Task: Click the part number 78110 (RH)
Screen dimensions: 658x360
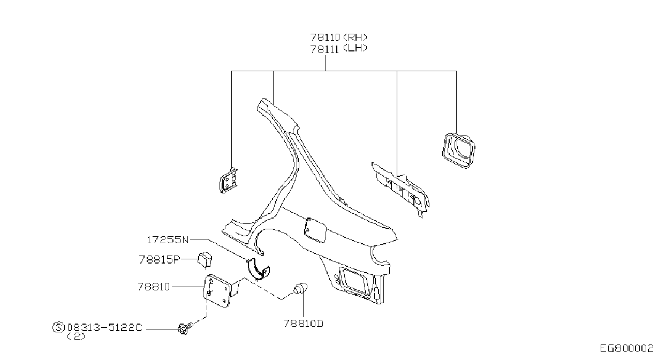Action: [339, 37]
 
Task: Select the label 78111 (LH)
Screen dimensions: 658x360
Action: [339, 49]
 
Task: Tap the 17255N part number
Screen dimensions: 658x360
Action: [168, 240]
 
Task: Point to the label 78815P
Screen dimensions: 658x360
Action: [159, 260]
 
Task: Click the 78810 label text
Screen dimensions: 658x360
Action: [154, 287]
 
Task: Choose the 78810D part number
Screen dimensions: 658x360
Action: [304, 324]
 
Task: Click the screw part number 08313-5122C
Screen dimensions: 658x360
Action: [105, 327]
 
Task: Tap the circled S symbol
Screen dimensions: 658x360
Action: [58, 327]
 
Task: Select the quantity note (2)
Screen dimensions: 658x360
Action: [76, 336]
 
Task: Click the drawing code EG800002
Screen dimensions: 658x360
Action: [626, 349]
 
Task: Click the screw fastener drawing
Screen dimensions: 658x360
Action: [186, 328]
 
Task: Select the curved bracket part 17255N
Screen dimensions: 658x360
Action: [258, 269]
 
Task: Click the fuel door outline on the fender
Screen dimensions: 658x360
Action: [315, 230]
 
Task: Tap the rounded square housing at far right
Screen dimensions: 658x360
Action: [458, 151]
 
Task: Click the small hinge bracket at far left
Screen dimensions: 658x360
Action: [228, 181]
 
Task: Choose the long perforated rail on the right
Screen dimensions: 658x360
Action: [400, 190]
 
